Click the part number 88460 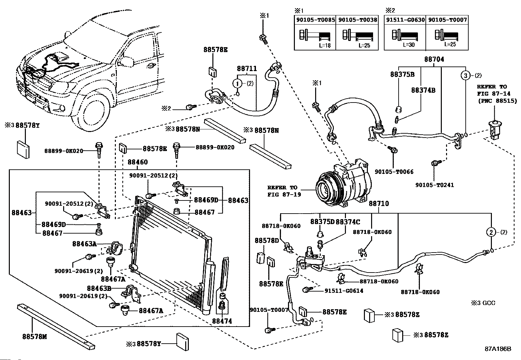137,162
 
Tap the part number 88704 434,59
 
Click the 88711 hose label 247,69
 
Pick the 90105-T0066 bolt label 394,172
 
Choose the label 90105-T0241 435,185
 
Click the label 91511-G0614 344,291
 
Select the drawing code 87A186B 498,349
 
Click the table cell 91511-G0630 405,20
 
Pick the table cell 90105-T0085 315,20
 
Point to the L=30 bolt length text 409,45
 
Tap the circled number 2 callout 491,232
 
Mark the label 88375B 402,74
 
